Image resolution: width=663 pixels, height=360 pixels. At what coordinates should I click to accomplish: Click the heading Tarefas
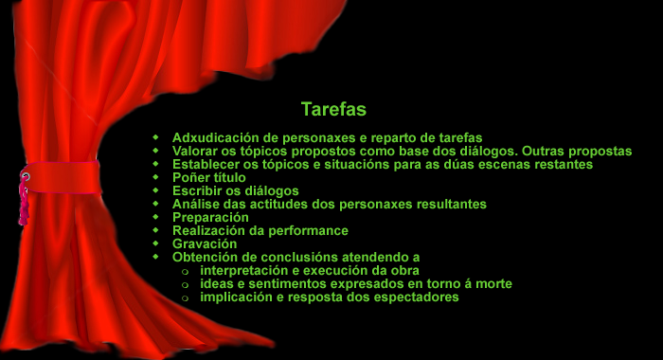(333, 109)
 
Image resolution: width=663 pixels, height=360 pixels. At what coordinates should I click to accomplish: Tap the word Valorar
(195, 151)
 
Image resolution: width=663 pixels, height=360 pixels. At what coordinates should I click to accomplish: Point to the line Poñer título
(208, 177)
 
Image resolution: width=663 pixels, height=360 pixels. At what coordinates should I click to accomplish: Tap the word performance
(307, 230)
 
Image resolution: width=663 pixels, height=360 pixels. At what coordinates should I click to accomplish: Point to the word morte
(493, 283)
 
